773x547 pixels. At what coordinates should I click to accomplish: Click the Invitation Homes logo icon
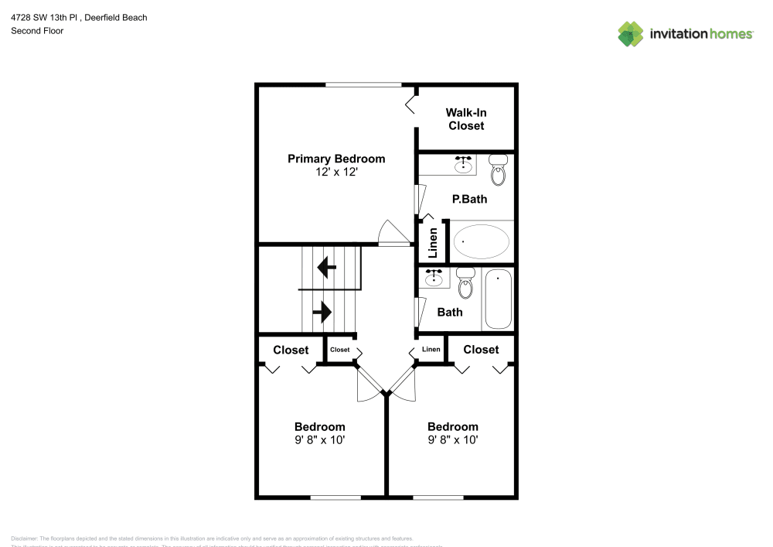[630, 34]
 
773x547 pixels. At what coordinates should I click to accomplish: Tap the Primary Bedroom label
[336, 159]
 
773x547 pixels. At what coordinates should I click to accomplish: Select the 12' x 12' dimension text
[336, 173]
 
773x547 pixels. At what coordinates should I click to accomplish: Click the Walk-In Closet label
[466, 119]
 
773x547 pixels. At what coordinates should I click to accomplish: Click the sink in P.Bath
[464, 164]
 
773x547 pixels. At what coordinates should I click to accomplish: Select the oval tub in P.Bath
[481, 242]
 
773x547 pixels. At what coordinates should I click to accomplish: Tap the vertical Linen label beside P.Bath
[433, 243]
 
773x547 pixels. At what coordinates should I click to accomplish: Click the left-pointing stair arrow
[326, 268]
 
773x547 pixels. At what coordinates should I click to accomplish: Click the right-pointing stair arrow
[322, 312]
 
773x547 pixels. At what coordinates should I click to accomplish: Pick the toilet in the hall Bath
[465, 284]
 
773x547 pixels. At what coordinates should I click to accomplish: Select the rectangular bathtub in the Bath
[498, 299]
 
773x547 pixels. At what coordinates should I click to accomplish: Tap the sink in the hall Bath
[434, 278]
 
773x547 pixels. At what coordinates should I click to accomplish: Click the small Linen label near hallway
[431, 350]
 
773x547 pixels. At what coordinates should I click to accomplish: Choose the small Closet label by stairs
[340, 350]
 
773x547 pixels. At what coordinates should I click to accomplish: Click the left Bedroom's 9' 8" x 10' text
[319, 440]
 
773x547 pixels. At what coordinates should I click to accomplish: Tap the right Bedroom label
[453, 426]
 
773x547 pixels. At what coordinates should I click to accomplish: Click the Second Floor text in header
[37, 31]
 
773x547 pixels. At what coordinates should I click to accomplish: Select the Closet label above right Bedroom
[481, 350]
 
